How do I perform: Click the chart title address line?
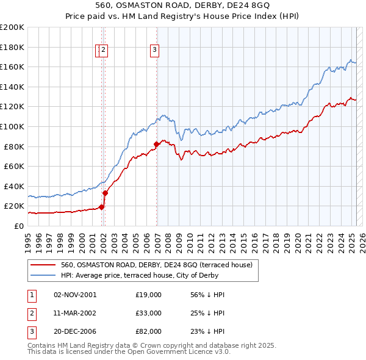[x=182, y=7]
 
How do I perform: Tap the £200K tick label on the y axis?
[x=12, y=27]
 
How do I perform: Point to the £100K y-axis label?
[x=12, y=126]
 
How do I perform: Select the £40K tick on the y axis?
[x=14, y=186]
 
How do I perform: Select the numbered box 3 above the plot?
[x=155, y=51]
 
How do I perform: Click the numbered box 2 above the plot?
[x=104, y=51]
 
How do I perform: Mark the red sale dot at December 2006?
[x=157, y=145]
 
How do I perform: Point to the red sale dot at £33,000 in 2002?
[x=105, y=193]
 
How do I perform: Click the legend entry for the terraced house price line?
[x=160, y=265]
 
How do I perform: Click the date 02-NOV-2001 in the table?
[x=75, y=295]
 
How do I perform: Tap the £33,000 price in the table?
[x=148, y=313]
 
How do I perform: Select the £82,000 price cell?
[x=148, y=331]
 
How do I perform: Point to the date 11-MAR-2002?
[x=75, y=313]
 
